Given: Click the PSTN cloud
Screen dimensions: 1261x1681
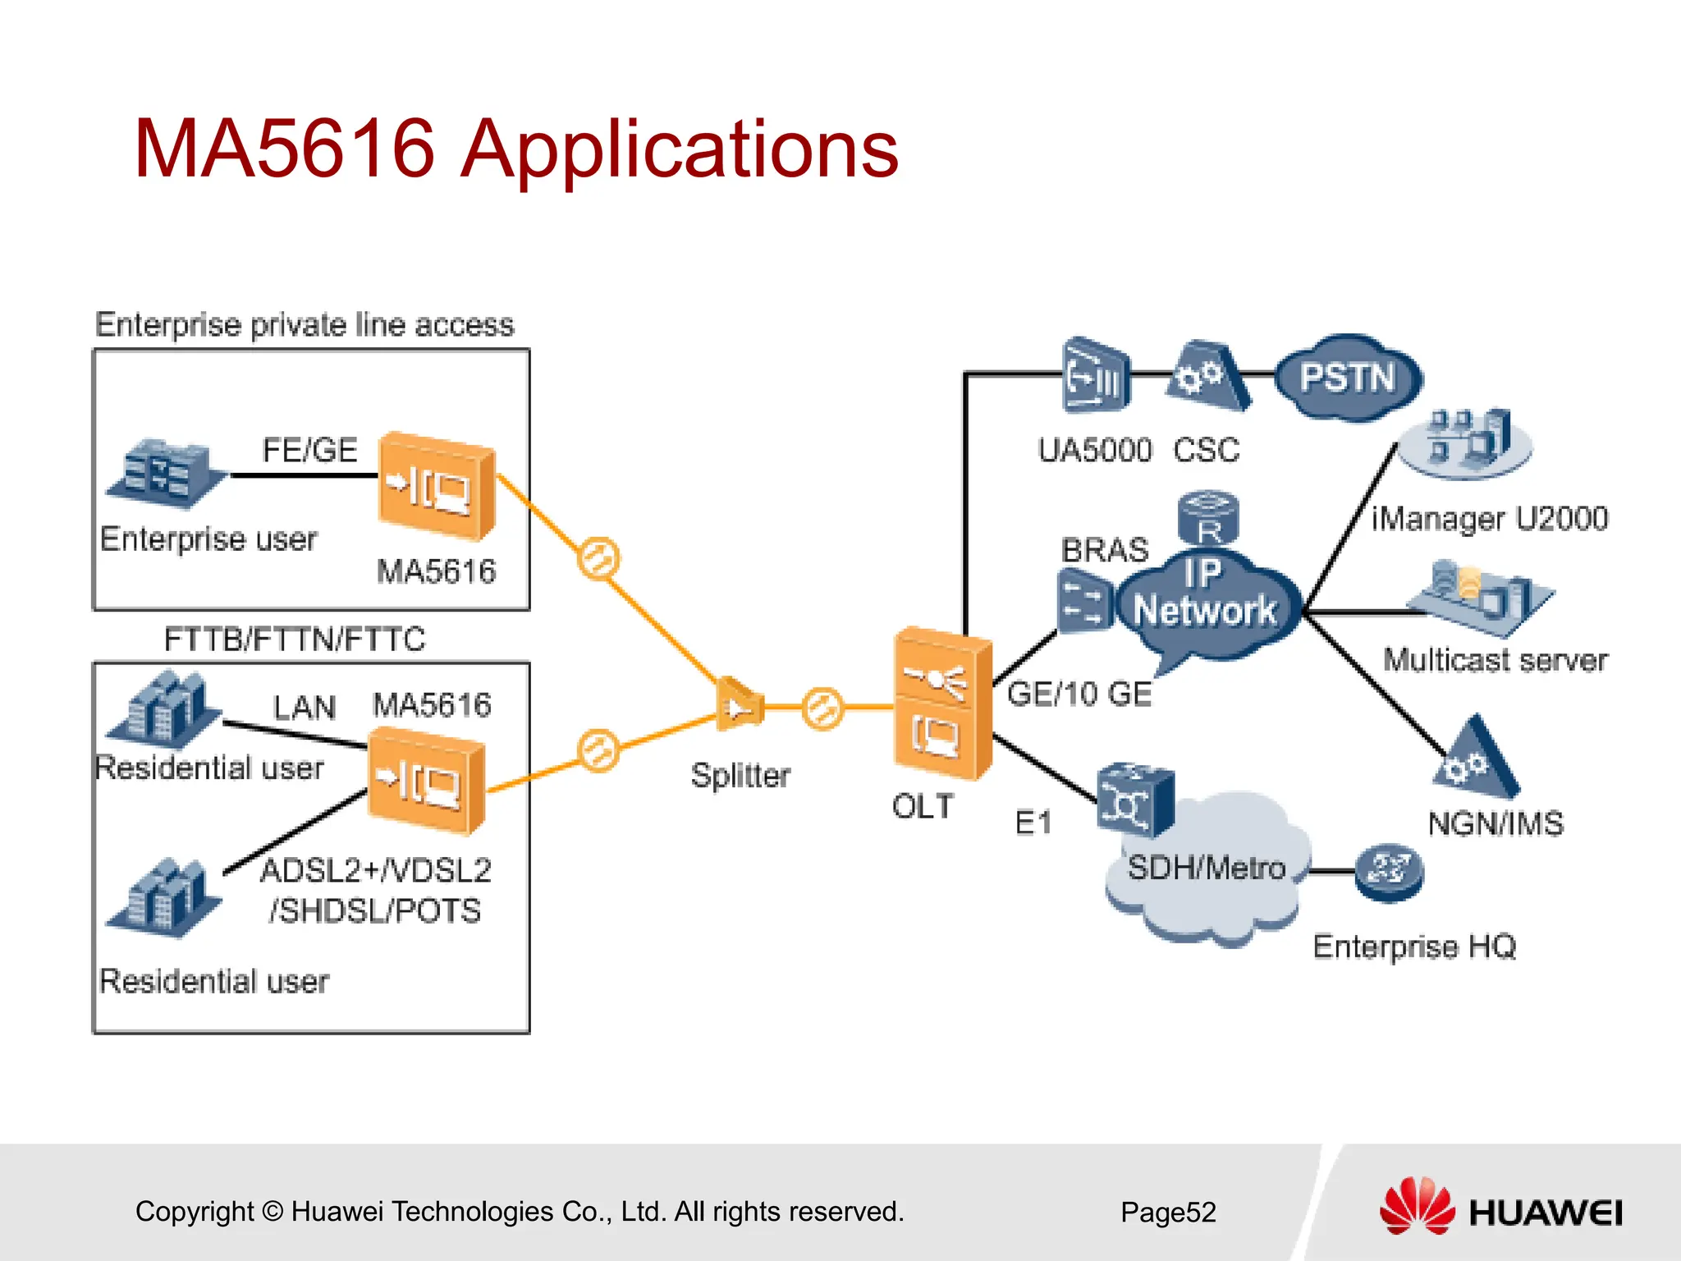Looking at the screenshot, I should coord(1347,378).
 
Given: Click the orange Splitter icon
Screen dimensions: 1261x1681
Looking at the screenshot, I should coord(739,704).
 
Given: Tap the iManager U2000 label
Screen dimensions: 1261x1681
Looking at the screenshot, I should coord(1489,519).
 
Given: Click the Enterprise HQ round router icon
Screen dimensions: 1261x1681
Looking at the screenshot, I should coord(1389,872).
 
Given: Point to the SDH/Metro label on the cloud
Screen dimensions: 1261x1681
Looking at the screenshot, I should coord(1206,868).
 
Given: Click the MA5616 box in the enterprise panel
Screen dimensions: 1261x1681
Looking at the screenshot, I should coord(436,486).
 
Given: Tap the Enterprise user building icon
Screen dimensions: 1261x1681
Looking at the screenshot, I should coord(164,474).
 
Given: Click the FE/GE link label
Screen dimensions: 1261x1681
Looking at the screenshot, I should coord(309,450).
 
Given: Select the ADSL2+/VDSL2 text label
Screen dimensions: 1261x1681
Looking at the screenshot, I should coord(375,871).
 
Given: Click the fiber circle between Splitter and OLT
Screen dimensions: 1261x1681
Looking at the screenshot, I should coord(822,707).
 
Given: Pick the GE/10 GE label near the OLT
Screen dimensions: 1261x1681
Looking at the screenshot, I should coord(1079,695).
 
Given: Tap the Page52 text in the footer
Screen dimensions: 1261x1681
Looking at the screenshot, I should coord(1168,1212).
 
